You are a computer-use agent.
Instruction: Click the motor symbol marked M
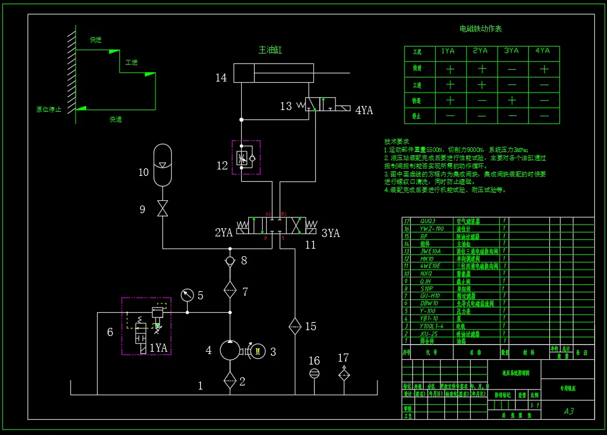259,351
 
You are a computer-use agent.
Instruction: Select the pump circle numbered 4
230,351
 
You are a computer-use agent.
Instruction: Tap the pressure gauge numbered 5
188,295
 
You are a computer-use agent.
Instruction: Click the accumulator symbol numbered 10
163,165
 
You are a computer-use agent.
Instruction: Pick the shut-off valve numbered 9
163,208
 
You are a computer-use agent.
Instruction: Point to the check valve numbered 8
230,260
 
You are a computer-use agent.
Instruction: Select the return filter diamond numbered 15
295,326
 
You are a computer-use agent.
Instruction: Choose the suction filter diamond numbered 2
230,381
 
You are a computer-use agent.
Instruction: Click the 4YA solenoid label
364,110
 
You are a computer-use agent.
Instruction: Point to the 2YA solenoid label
224,233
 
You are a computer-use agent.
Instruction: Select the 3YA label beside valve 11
330,233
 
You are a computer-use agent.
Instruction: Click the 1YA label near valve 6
158,348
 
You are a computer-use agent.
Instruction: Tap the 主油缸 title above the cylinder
270,50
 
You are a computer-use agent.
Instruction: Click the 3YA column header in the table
511,51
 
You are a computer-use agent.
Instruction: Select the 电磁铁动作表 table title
481,29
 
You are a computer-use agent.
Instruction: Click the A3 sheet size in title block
569,411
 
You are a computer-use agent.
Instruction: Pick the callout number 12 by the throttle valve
222,166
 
